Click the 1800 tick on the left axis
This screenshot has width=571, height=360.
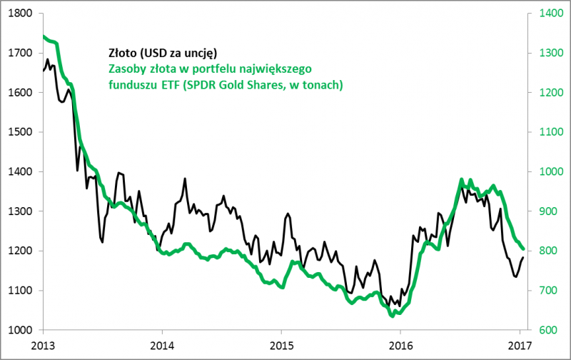[x=21, y=13]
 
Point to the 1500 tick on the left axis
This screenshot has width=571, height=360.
[x=21, y=132]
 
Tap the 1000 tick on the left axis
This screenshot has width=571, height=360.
[x=21, y=330]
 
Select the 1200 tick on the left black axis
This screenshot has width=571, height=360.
[x=21, y=251]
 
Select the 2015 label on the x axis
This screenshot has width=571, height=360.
[x=281, y=344]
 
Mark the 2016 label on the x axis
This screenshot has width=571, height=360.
[x=400, y=344]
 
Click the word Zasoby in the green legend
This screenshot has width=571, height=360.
[x=128, y=69]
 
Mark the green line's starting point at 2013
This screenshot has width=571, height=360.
[x=44, y=36]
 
